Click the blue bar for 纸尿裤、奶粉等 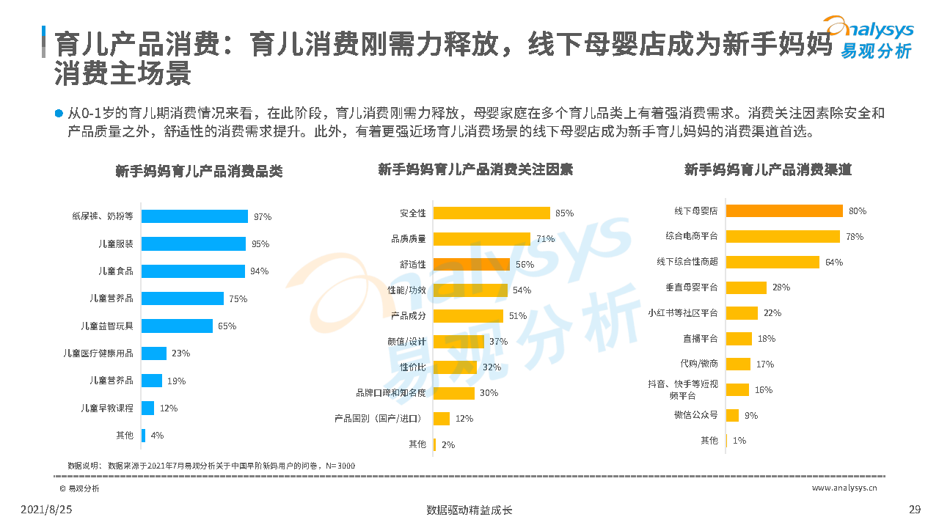coord(194,216)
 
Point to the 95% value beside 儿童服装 coord(260,243)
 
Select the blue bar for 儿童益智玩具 coord(177,326)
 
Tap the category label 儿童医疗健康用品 coord(98,353)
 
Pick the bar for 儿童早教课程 coord(147,408)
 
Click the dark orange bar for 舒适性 coord(471,264)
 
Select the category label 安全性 coord(412,213)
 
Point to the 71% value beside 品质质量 coord(545,238)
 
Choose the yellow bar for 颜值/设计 coord(458,341)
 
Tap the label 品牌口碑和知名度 coord(391,392)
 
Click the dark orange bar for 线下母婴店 coord(784,210)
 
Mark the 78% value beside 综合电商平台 coord(855,236)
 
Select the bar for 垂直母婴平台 coord(746,287)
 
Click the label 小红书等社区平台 coord(682,313)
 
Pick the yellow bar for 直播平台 coord(739,339)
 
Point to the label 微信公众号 coord(695,415)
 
